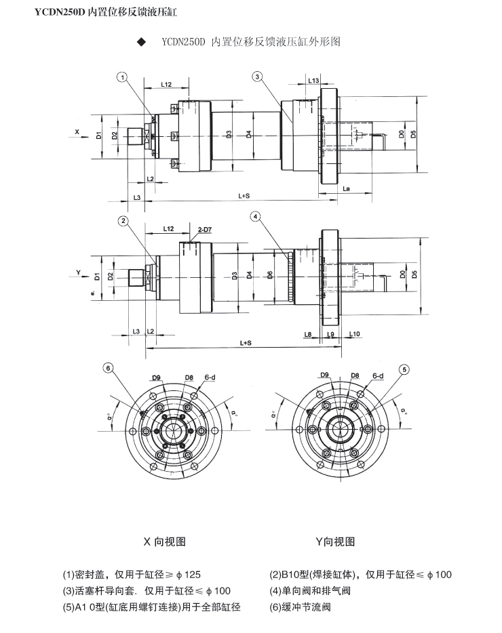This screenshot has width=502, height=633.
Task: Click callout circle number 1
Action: click(122, 78)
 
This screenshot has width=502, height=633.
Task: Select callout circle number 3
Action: click(258, 77)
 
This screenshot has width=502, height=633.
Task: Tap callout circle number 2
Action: click(123, 220)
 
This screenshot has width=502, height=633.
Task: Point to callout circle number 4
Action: click(255, 217)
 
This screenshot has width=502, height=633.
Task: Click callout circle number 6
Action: click(108, 368)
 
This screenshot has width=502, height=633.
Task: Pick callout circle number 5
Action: click(404, 369)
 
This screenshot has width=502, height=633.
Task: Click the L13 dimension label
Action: click(313, 81)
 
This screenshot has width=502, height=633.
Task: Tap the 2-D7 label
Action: click(205, 230)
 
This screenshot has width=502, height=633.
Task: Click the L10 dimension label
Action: click(355, 334)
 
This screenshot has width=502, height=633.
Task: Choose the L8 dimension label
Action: click(308, 334)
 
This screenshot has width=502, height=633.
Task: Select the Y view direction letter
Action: click(79, 273)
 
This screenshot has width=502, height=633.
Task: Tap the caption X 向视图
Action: click(164, 542)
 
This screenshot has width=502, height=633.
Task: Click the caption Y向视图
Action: click(335, 542)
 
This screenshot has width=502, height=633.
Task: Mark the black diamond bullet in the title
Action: click(142, 41)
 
